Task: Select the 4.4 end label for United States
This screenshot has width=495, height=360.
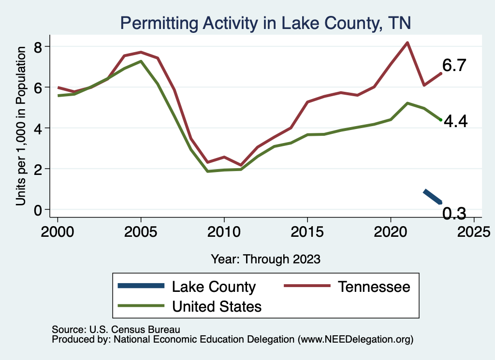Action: click(x=455, y=122)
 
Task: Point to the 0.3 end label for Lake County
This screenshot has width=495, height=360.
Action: click(x=454, y=213)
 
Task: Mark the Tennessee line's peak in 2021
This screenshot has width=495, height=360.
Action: click(x=408, y=43)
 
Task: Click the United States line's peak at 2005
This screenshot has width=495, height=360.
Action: click(x=141, y=61)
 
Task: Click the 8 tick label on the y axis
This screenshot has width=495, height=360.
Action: click(x=43, y=47)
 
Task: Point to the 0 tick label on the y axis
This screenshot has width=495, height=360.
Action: click(x=43, y=210)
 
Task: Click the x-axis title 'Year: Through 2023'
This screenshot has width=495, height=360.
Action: click(x=265, y=259)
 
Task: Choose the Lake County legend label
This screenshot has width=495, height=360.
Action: click(x=214, y=287)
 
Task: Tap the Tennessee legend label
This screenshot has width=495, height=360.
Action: click(x=374, y=287)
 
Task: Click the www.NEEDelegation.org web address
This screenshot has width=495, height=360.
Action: click(x=355, y=339)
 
